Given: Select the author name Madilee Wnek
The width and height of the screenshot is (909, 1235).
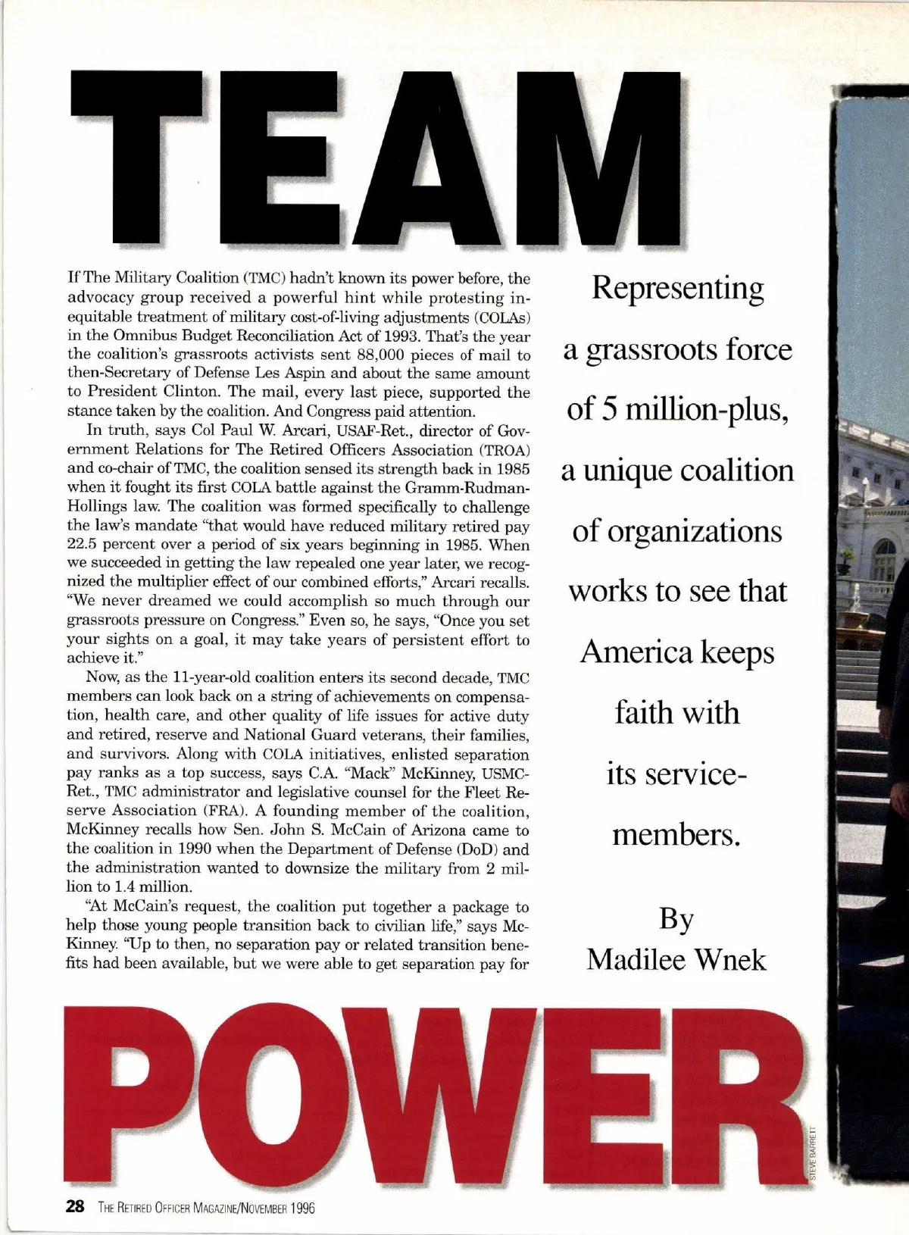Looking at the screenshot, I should tap(676, 959).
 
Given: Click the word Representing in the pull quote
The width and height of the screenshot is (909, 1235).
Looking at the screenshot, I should tap(677, 289).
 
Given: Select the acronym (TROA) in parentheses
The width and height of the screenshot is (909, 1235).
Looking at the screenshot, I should tap(503, 449).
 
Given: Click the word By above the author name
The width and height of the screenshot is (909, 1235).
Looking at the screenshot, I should tap(676, 919).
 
